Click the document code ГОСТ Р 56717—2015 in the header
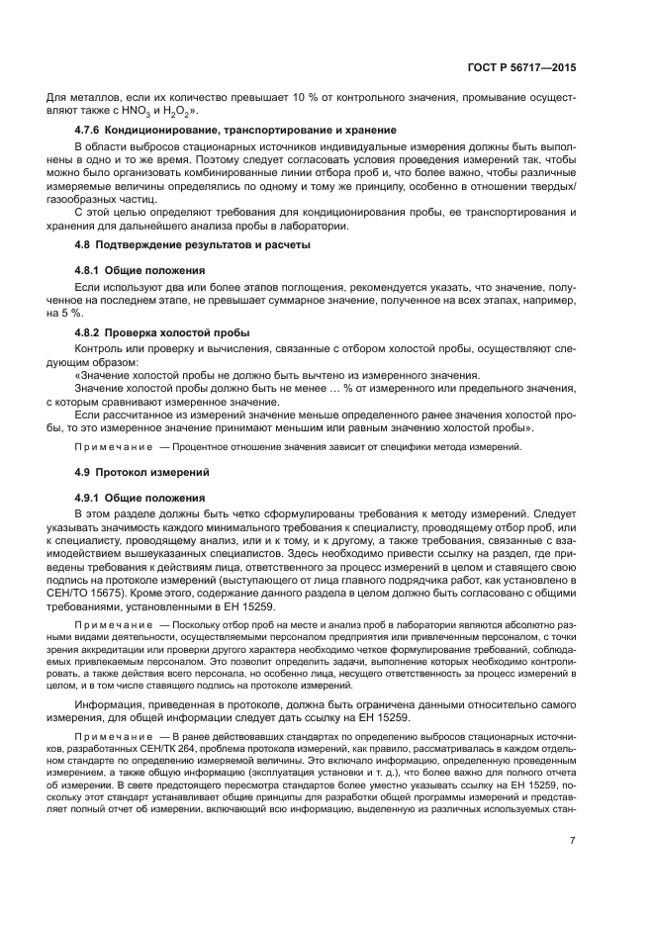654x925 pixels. click(521, 69)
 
